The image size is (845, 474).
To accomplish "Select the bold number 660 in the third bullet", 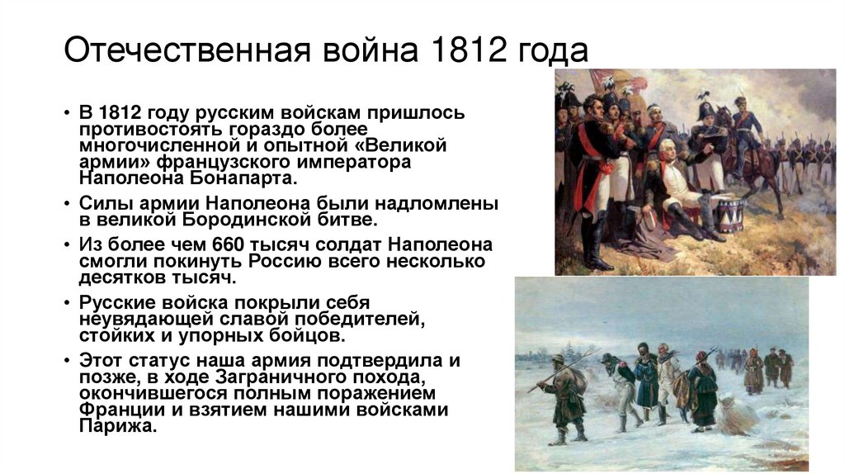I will point(228,244).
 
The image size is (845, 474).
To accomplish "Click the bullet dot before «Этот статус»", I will point(69,361).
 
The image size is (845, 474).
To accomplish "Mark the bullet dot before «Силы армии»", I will point(69,203).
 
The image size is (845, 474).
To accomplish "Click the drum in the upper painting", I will point(729,214).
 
